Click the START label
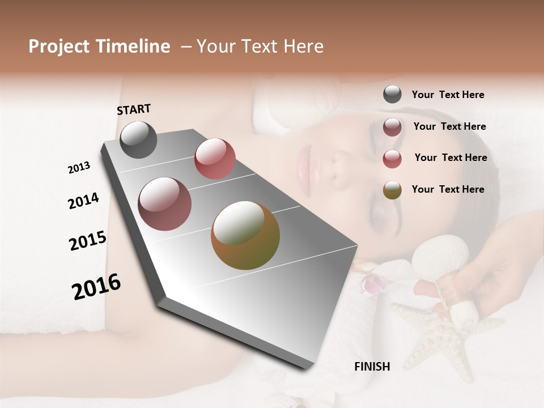(134, 109)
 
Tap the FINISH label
(372, 367)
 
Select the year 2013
(79, 168)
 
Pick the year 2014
(83, 201)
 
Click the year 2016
(96, 287)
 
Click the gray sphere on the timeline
(138, 139)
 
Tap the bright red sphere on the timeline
(215, 159)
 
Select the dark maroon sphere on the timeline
(165, 204)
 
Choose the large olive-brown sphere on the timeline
(245, 235)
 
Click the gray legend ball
(392, 95)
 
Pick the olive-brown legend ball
(392, 190)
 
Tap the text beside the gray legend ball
(448, 95)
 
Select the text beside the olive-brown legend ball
(448, 189)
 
